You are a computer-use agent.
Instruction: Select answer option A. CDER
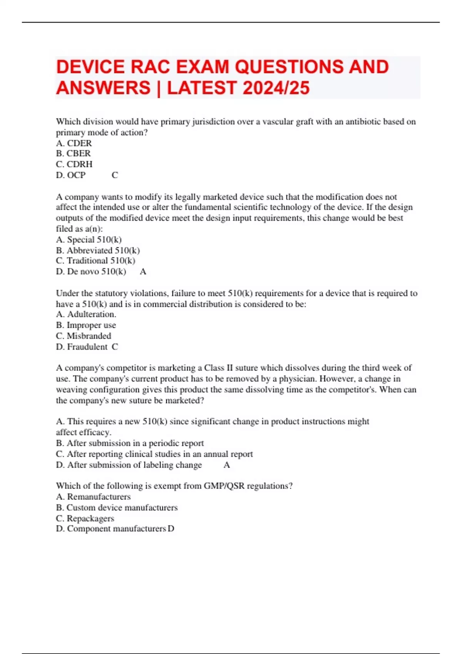74,143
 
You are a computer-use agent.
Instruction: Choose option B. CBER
74,153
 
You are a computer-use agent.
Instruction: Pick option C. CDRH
74,164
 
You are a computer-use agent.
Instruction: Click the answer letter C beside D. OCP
115,175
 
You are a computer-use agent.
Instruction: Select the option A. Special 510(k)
89,240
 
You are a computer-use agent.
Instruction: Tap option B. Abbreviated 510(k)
98,250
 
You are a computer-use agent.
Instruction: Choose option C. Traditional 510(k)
95,261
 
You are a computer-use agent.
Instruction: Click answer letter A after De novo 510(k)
143,272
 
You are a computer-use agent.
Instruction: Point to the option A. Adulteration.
86,314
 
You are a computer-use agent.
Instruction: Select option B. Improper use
86,325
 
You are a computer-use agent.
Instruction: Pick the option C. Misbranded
84,336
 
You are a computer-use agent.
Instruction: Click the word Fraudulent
87,347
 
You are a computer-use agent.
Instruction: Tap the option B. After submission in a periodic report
130,443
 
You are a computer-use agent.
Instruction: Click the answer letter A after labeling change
227,465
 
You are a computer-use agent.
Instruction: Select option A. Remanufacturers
93,497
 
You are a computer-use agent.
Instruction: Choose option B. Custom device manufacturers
117,507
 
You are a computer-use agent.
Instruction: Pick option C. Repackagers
85,518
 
